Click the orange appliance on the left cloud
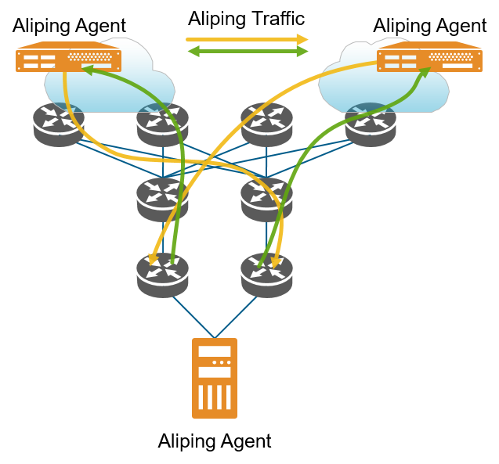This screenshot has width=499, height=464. (68, 57)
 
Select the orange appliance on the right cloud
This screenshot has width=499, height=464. (429, 57)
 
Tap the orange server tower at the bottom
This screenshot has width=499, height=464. (215, 378)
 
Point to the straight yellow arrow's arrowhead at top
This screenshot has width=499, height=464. (302, 39)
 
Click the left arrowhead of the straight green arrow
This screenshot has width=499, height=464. (192, 52)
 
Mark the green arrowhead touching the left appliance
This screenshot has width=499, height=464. (88, 70)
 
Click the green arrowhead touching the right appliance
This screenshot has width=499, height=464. (425, 72)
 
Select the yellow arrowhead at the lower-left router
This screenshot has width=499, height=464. (154, 260)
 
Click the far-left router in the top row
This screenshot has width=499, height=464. (59, 124)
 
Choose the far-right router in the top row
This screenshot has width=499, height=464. (371, 124)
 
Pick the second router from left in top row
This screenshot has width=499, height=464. (163, 124)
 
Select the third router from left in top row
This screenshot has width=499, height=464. (267, 124)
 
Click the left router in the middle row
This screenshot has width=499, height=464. (163, 199)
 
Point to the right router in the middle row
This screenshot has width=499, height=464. (267, 199)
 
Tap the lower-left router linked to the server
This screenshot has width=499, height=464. (163, 274)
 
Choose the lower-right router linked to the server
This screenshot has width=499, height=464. (267, 274)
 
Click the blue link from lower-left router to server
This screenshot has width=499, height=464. (193, 316)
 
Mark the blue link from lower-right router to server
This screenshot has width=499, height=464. (237, 316)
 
